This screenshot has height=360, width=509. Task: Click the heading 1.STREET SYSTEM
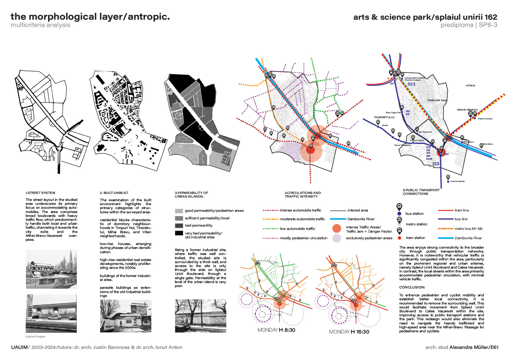pyautogui.click(x=40, y=193)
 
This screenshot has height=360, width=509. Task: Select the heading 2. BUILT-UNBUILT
pyautogui.click(x=114, y=193)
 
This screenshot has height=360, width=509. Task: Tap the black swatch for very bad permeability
pyautogui.click(x=179, y=233)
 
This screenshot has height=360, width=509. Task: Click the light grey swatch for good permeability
pyautogui.click(x=179, y=211)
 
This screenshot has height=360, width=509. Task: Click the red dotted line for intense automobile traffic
pyautogui.click(x=271, y=210)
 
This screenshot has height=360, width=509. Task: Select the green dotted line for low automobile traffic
pyautogui.click(x=271, y=229)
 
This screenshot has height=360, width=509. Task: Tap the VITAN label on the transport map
pyautogui.click(x=470, y=86)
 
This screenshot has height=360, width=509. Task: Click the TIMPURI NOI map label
pyautogui.click(x=437, y=100)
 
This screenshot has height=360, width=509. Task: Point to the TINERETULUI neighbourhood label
pyautogui.click(x=384, y=117)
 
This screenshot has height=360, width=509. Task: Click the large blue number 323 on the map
pyautogui.click(x=411, y=84)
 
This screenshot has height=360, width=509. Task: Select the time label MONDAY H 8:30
pyautogui.click(x=276, y=330)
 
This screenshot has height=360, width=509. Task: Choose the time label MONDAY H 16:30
pyautogui.click(x=349, y=332)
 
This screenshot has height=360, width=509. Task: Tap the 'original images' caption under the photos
pyautogui.click(x=35, y=336)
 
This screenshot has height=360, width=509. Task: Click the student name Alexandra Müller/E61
pyautogui.click(x=474, y=347)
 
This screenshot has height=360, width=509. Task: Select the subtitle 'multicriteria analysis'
pyautogui.click(x=40, y=25)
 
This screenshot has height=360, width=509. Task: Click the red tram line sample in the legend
pyautogui.click(x=445, y=210)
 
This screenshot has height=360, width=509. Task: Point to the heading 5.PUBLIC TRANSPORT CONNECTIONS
pyautogui.click(x=421, y=192)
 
